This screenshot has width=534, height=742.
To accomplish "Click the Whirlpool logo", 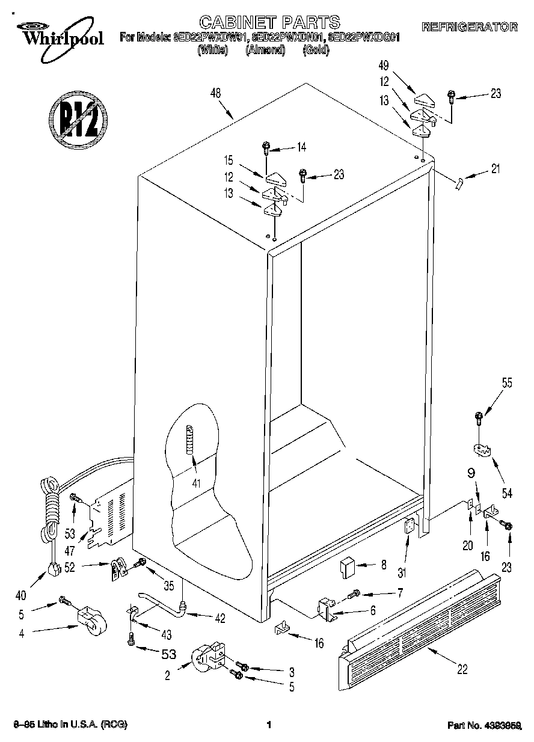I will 57,34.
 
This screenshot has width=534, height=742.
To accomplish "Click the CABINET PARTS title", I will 269,23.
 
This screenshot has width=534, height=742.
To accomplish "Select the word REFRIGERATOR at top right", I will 470,26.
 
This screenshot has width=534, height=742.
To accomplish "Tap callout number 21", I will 495,169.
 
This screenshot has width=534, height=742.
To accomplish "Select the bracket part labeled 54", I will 479,450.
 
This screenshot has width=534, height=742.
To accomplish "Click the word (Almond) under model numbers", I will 265,50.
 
